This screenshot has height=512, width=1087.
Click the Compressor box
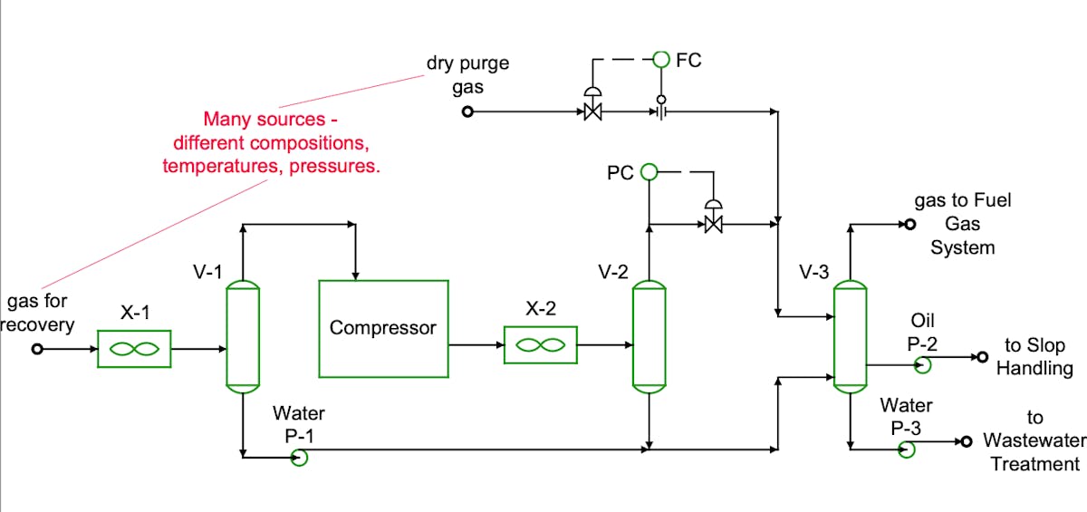click(383, 328)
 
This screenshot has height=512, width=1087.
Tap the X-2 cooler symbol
click(540, 344)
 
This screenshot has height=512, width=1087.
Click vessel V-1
click(242, 336)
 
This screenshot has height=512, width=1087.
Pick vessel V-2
click(649, 336)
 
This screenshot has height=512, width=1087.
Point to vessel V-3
click(850, 336)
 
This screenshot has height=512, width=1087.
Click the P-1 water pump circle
click(299, 457)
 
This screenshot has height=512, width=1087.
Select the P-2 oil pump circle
click(923, 364)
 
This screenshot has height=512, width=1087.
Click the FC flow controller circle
click(661, 60)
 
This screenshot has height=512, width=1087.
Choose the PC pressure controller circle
click(649, 171)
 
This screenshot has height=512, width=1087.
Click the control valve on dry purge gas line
click(593, 111)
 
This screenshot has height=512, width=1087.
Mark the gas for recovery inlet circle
click(37, 349)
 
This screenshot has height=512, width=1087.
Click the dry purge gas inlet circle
click(467, 111)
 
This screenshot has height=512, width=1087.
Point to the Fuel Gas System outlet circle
click(910, 224)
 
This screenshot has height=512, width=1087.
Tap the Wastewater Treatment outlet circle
click(966, 441)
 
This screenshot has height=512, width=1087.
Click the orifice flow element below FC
click(661, 111)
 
